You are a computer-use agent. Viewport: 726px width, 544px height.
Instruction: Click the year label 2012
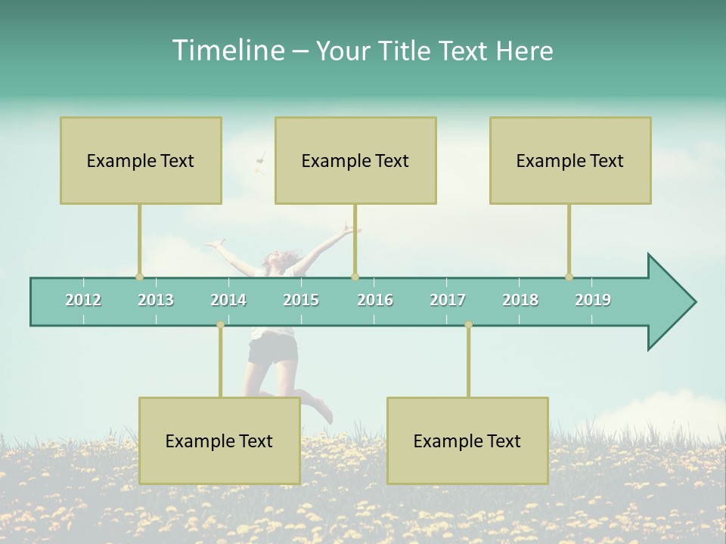point(83,300)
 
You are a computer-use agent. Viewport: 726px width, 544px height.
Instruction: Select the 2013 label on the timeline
point(156,300)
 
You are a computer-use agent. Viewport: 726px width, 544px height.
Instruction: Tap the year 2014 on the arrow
point(228,300)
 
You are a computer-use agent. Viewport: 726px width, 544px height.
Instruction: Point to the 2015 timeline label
point(301,300)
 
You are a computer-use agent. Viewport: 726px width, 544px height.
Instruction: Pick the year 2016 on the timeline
point(375,300)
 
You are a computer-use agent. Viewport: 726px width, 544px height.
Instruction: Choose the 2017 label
point(448,300)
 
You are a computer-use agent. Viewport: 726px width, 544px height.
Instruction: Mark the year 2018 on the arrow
point(520,300)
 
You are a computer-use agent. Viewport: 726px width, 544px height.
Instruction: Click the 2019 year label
point(593,300)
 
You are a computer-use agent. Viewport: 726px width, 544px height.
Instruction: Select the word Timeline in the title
point(227,51)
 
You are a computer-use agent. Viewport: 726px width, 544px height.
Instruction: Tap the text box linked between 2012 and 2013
point(141,160)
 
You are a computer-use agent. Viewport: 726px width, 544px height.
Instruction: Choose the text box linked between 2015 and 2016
point(355,160)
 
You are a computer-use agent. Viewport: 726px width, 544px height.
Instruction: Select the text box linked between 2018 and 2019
point(570,160)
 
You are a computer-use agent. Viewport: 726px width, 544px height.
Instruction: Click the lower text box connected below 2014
point(219,440)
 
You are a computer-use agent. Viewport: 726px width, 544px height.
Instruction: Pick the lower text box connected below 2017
point(467,440)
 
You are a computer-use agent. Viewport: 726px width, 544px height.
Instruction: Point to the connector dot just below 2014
point(220,324)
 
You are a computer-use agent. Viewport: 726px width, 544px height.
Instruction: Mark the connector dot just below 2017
point(468,324)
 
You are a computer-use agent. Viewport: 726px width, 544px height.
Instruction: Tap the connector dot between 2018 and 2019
point(569,277)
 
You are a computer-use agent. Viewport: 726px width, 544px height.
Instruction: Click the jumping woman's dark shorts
point(272,349)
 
